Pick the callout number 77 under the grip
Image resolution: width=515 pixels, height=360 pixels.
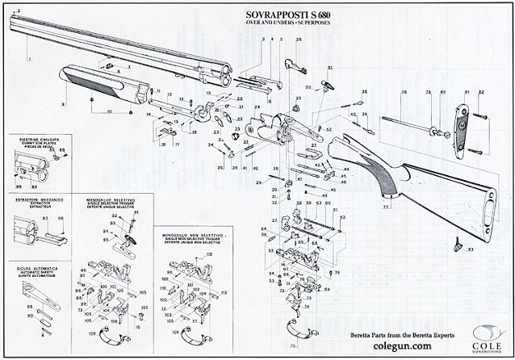click(386, 207)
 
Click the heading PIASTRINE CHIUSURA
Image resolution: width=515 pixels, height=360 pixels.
click(35, 139)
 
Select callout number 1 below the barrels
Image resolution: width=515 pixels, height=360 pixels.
click(29, 59)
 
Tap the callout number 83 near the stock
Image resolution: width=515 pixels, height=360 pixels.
click(471, 249)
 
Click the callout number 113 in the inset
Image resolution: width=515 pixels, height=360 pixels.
click(208, 254)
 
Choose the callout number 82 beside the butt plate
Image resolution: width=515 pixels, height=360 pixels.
click(481, 93)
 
